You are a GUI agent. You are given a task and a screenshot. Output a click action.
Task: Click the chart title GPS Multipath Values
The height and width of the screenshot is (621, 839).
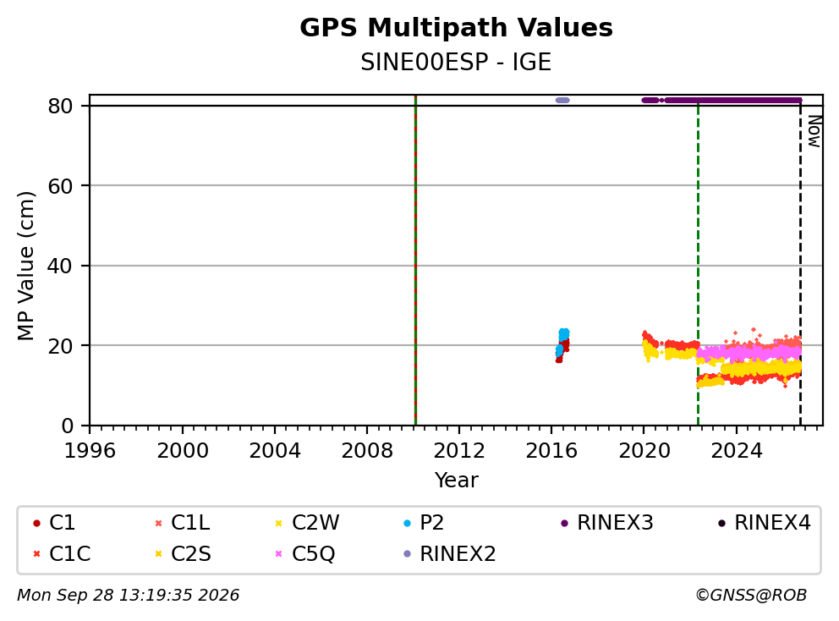[x=456, y=28]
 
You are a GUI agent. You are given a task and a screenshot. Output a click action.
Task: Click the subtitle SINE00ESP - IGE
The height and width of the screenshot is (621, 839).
[x=456, y=62]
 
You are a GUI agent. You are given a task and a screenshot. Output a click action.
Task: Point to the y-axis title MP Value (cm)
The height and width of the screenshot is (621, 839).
[x=25, y=266]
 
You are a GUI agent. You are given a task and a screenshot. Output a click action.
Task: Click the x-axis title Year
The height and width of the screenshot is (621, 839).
[x=456, y=481]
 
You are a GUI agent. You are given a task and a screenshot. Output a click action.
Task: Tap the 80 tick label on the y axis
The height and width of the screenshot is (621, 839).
[x=60, y=106]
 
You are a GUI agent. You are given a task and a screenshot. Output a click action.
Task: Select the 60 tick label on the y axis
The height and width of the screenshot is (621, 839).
[x=60, y=186]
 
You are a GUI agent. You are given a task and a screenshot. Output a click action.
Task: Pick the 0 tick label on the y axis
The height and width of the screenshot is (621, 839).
[x=67, y=426]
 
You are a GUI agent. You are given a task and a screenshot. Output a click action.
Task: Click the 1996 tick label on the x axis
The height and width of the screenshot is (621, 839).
[x=90, y=451]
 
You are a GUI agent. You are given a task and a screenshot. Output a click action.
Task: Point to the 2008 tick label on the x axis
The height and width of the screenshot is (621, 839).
[x=367, y=451]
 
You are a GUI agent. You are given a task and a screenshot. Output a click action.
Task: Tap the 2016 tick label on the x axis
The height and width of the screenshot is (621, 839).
[x=551, y=451]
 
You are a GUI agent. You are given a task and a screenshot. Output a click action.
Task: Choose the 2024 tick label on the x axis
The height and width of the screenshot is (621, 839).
[x=737, y=451]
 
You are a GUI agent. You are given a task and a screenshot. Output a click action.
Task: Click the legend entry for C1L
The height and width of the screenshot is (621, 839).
[x=183, y=523]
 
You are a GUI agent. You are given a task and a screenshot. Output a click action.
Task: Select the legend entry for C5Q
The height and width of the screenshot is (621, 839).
[x=304, y=553]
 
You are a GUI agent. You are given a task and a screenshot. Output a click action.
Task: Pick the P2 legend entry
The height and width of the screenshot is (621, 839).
[x=424, y=523]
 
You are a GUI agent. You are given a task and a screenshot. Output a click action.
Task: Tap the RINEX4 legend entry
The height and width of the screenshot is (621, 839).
[x=764, y=523]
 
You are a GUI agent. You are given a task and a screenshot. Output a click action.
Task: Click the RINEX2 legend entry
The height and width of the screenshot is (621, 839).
[x=449, y=553]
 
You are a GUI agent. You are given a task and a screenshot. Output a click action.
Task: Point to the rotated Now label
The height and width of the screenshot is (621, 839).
[x=814, y=131]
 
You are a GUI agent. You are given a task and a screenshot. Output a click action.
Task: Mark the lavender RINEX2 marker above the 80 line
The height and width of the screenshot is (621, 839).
[x=562, y=100]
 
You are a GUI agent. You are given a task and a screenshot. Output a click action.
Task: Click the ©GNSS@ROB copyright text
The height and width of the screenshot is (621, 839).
[x=751, y=595]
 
